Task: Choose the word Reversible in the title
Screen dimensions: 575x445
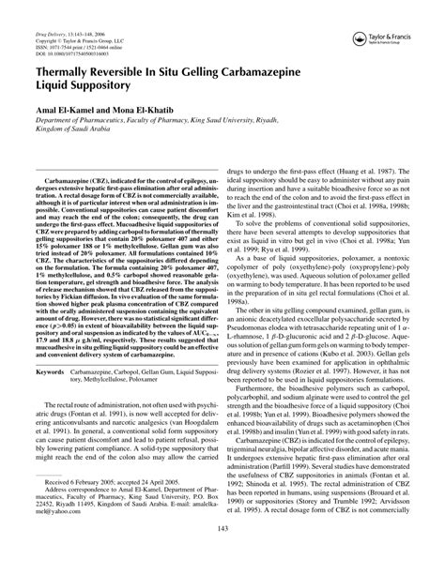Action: (148, 69)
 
